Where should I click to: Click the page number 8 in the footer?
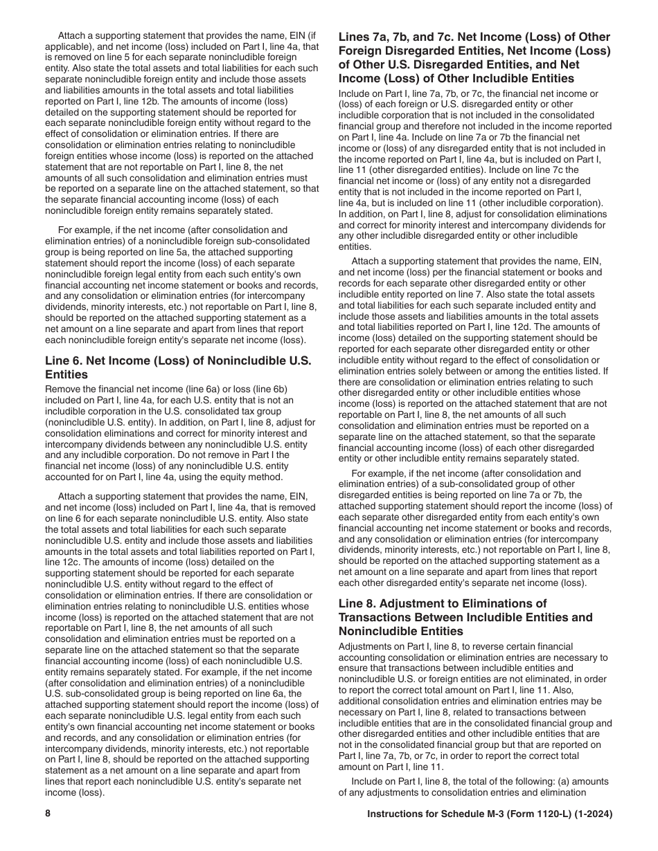(48, 814)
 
